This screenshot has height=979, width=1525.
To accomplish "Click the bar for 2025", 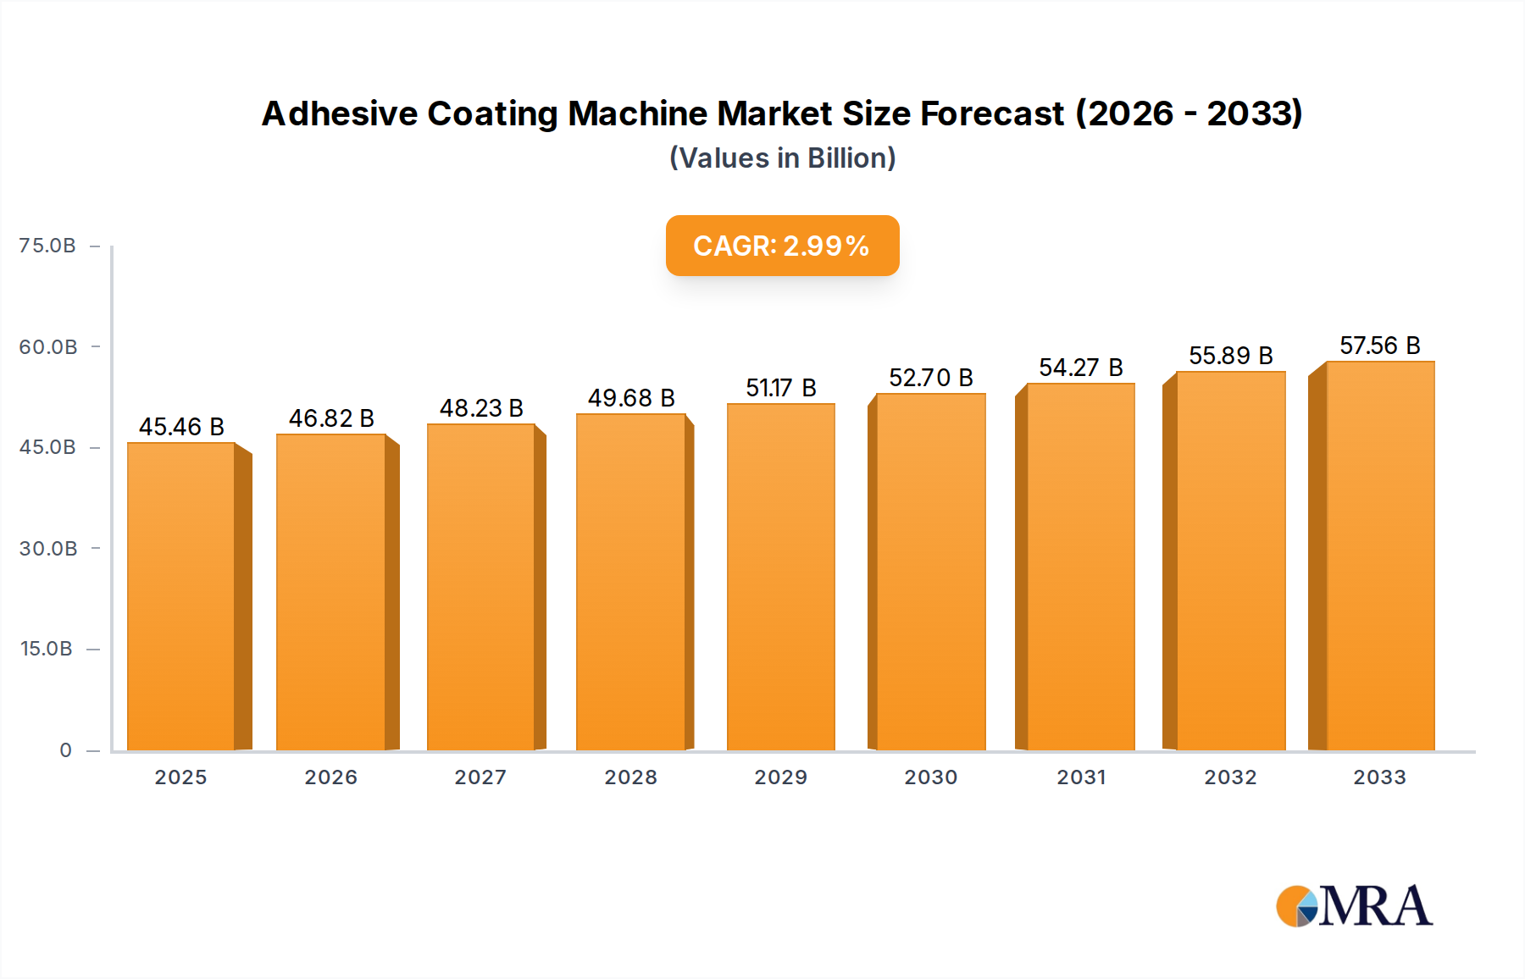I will pyautogui.click(x=181, y=596).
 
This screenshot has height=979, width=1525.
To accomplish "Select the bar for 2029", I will pyautogui.click(x=780, y=577).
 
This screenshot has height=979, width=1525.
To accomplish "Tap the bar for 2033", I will pyautogui.click(x=1379, y=556).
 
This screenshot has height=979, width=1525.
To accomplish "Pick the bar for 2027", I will pyautogui.click(x=480, y=587).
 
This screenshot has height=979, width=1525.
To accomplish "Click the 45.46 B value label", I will pyautogui.click(x=181, y=427).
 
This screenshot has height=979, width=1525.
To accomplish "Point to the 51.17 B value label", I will pyautogui.click(x=780, y=388).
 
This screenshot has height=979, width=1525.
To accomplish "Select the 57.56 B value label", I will pyautogui.click(x=1379, y=346).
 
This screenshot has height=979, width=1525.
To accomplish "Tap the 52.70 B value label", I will pyautogui.click(x=930, y=378).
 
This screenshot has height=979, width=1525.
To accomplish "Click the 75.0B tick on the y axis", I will pyautogui.click(x=47, y=246).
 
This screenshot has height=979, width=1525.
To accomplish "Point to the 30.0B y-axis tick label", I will pyautogui.click(x=48, y=549).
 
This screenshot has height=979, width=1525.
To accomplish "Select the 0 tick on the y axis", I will pyautogui.click(x=65, y=750).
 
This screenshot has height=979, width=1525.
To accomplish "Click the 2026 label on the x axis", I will pyautogui.click(x=330, y=777).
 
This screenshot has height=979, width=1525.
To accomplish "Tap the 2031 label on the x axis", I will pyautogui.click(x=1080, y=777).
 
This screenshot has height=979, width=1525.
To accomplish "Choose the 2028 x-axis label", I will pyautogui.click(x=630, y=777).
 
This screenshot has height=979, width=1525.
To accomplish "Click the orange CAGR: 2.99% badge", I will pyautogui.click(x=781, y=246).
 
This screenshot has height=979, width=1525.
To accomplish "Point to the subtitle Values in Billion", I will pyautogui.click(x=782, y=158).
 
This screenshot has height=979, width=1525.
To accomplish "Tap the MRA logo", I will pyautogui.click(x=1354, y=906).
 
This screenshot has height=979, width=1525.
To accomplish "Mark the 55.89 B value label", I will pyautogui.click(x=1230, y=356).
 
